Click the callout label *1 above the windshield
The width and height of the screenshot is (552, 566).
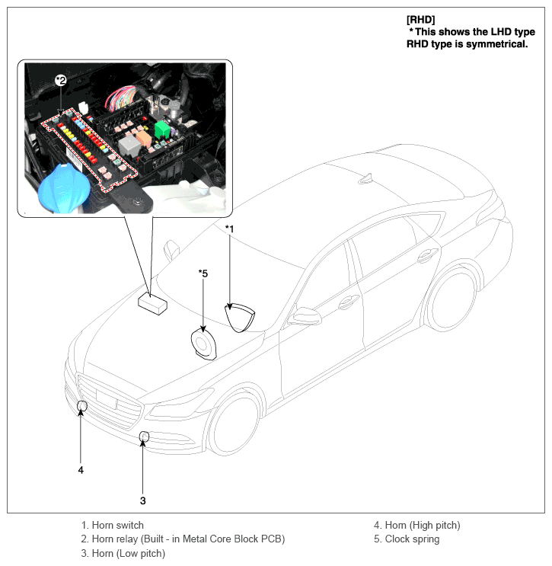pyautogui.click(x=229, y=229)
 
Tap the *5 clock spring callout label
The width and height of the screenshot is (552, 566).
pyautogui.click(x=203, y=273)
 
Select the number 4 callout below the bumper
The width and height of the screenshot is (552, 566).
pyautogui.click(x=81, y=470)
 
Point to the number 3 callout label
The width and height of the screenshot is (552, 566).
pyautogui.click(x=142, y=500)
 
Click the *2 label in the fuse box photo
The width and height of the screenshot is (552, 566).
pyautogui.click(x=61, y=80)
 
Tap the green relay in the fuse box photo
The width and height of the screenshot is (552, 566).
pyautogui.click(x=162, y=130)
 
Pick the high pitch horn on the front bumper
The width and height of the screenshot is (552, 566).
pyautogui.click(x=82, y=405)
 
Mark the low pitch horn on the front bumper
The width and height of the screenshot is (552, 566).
pyautogui.click(x=144, y=436)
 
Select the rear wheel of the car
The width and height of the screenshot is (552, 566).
pyautogui.click(x=452, y=299)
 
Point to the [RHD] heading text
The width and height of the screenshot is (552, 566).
pyautogui.click(x=422, y=18)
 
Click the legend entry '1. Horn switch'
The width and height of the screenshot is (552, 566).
pyautogui.click(x=113, y=525)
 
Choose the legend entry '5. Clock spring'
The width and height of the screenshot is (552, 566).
pyautogui.click(x=406, y=539)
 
